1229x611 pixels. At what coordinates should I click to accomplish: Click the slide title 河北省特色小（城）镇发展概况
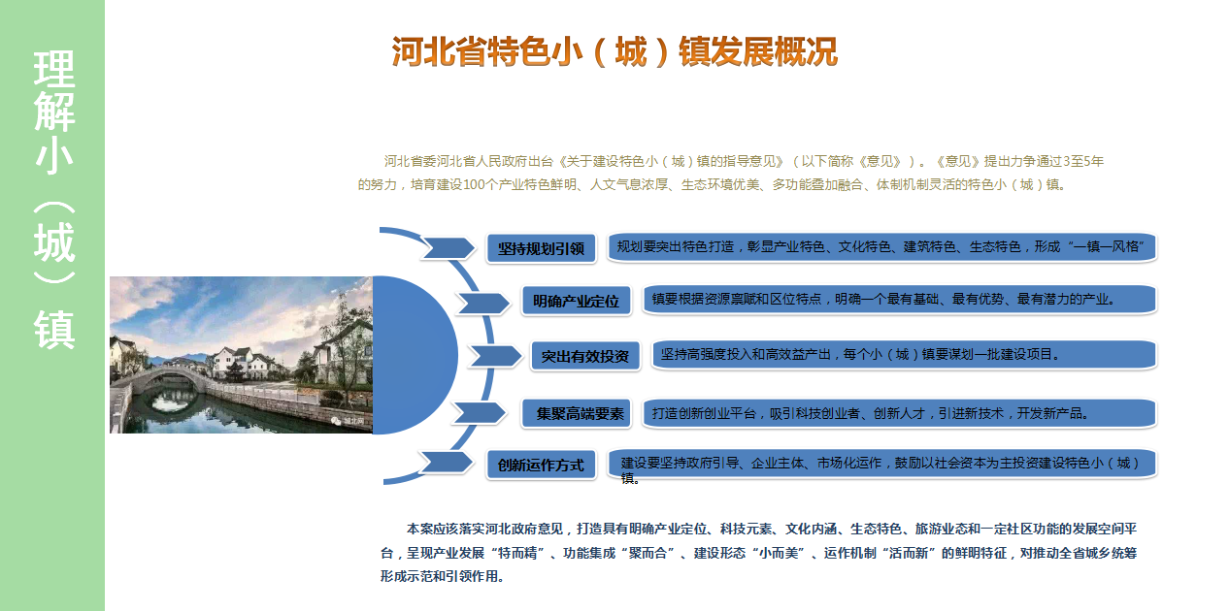point(614,52)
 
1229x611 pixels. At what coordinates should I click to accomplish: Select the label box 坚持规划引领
point(541,248)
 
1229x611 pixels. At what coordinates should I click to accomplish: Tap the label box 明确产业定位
point(576,301)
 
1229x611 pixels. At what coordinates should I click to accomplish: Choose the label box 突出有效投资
point(585,356)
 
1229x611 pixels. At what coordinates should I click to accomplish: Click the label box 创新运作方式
point(541,465)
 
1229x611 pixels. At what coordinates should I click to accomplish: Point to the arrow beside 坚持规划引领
point(448,247)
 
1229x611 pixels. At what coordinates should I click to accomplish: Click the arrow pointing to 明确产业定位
point(482,303)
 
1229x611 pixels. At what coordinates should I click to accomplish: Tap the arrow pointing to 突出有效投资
point(495,356)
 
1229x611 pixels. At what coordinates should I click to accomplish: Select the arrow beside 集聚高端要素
point(478,412)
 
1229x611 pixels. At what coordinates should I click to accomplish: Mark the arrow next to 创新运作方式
point(446,463)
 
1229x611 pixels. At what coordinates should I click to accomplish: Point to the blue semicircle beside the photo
point(415,355)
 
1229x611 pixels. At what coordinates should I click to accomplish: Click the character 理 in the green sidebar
point(53,69)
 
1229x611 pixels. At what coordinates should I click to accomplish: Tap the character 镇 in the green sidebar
point(53,330)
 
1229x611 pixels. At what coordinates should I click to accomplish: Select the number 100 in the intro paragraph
point(475,184)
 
